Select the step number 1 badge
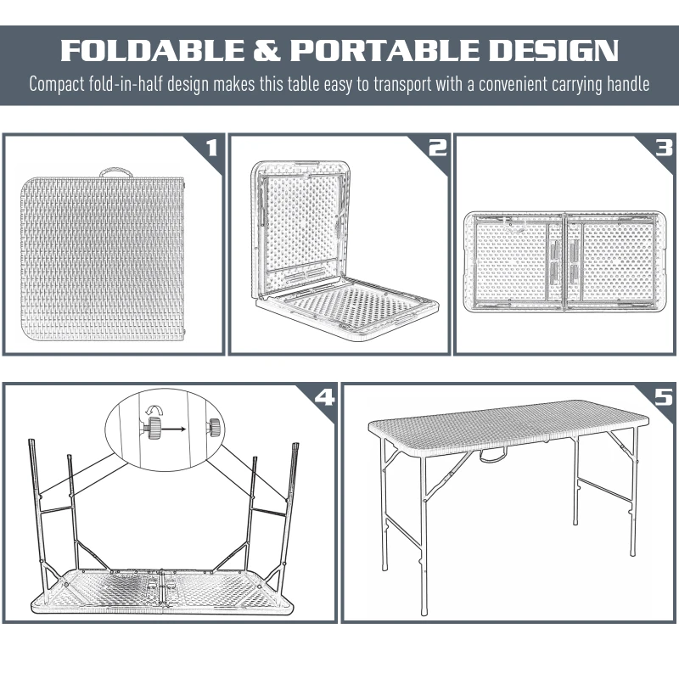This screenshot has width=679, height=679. click(211, 149)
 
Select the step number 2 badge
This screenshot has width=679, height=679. click(436, 149)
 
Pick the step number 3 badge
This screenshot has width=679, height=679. click(663, 149)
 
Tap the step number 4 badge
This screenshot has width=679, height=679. click(323, 397)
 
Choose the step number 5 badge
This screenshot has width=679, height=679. click(663, 397)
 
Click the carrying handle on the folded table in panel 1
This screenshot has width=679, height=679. click(114, 171)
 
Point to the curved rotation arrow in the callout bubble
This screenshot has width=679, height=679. click(156, 413)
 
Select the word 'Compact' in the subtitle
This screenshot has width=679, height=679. click(57, 85)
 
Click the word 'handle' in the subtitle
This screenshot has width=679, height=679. click(626, 85)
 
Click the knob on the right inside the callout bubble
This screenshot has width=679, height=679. click(213, 426)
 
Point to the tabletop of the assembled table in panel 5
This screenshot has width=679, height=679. click(509, 419)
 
